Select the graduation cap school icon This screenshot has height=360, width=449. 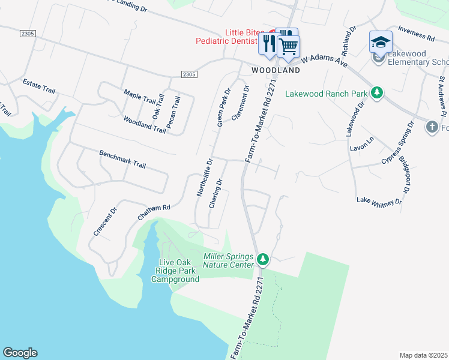coord(381,43)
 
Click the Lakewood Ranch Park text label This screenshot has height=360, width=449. coord(326,93)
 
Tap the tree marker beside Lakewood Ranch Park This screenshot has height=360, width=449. coord(377,92)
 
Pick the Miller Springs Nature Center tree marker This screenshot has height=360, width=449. coord(262,260)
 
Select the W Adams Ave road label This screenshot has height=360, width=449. coord(325,61)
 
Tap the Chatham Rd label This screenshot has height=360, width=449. coord(154,211)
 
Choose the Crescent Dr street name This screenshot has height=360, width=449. coord(104,223)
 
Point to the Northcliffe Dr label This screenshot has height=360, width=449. coord(205,178)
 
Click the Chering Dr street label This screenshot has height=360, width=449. coord(215,194)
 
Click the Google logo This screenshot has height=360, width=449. coord(20,353)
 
